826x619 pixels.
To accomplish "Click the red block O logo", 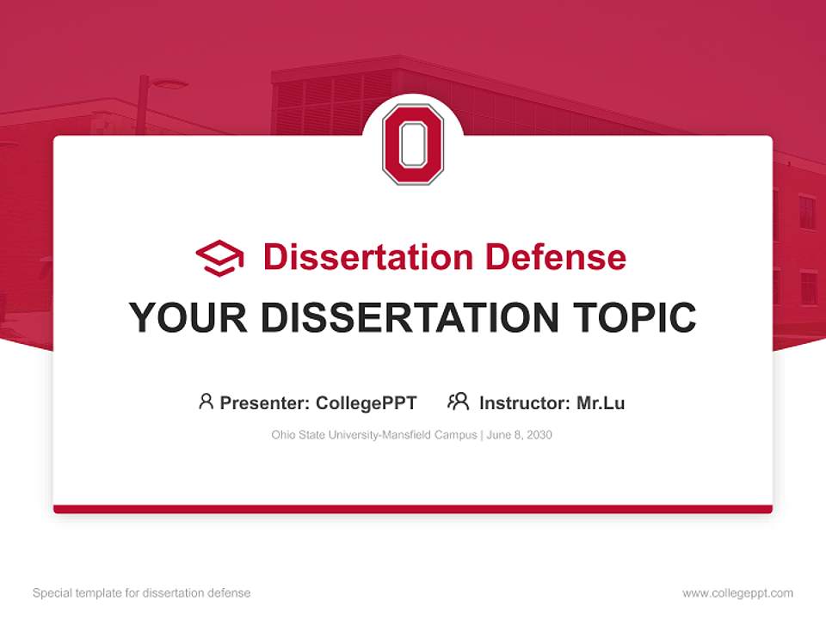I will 413,144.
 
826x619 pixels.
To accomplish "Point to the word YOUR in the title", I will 188,317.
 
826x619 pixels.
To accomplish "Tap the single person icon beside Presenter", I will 206,401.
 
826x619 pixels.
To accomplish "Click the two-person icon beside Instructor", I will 458,401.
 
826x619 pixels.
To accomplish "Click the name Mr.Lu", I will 601,402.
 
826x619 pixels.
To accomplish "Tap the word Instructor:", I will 524,402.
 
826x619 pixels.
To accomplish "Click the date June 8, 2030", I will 519,435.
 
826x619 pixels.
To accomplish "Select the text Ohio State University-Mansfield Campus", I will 373,435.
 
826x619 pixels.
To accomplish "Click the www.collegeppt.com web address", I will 737,593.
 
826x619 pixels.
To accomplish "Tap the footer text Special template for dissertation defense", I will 141,593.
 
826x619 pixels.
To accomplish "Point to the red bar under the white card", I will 413,509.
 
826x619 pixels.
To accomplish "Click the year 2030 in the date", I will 538,435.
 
